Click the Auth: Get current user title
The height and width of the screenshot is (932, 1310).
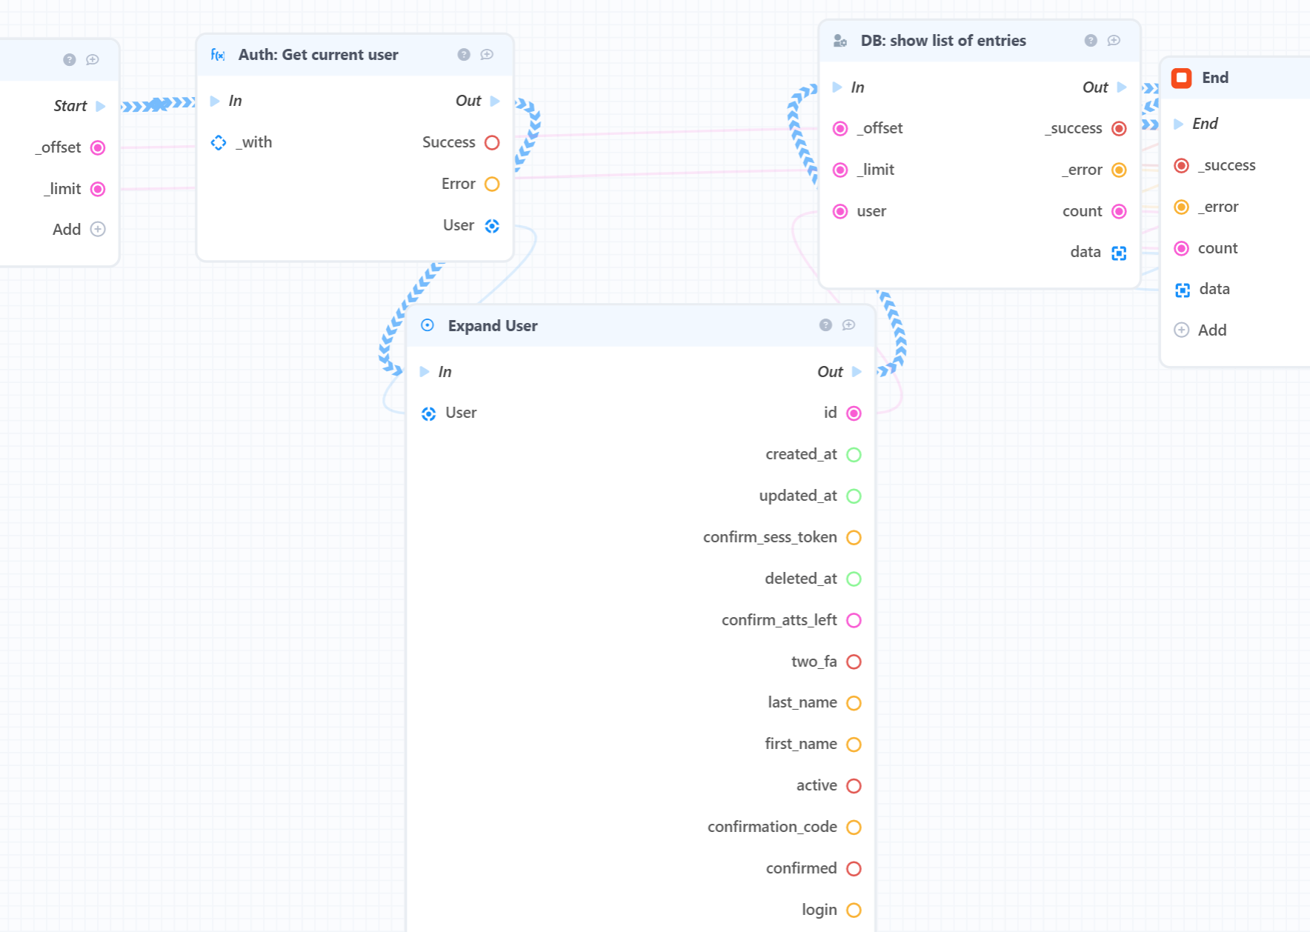318,55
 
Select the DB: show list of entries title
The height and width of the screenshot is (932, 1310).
943,41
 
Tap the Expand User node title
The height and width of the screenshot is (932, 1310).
493,326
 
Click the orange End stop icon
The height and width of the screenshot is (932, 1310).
1181,78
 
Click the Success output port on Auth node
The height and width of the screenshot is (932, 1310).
492,142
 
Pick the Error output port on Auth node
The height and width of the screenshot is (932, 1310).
492,184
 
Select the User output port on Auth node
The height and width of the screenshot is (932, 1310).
492,226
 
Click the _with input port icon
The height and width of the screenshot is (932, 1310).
219,142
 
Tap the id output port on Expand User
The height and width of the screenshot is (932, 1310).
854,413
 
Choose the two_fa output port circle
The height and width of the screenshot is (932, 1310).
854,662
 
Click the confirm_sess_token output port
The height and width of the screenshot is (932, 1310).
854,538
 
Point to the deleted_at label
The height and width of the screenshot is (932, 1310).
801,579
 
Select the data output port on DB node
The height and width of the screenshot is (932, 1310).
1119,253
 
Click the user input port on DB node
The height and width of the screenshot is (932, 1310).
840,212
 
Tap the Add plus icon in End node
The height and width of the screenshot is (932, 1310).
1182,330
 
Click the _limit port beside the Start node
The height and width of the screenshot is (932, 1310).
98,189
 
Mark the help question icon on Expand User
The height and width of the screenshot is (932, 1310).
825,325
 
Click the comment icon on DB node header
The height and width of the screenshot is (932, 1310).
1114,41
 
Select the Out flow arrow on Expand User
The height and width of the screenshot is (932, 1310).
857,372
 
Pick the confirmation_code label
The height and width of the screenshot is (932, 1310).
772,827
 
